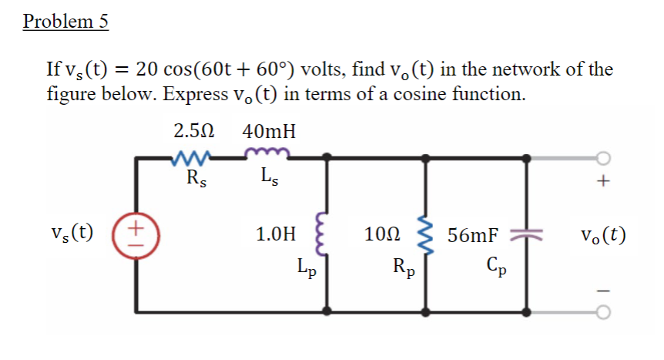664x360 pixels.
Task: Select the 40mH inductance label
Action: pos(269,132)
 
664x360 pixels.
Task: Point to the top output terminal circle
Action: pos(603,159)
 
